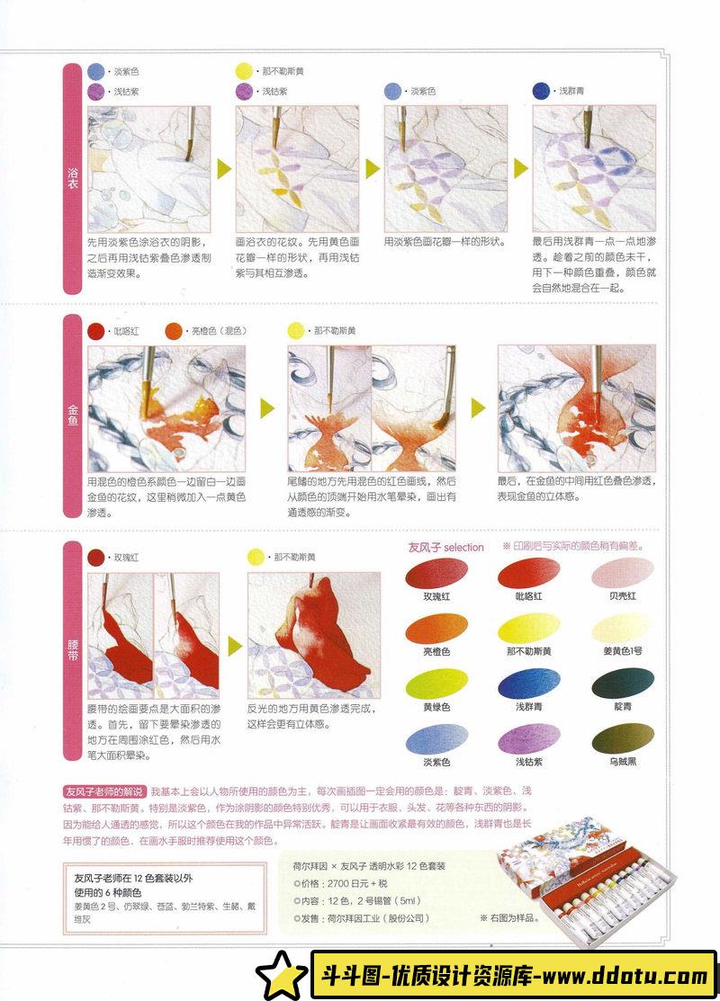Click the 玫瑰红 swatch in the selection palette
(436, 573)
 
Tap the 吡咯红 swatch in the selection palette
(528, 573)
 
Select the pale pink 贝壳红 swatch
(622, 573)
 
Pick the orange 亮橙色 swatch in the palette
(436, 628)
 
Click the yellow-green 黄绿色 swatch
(436, 684)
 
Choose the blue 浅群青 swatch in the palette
(528, 684)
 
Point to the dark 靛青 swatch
(622, 684)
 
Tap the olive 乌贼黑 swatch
(622, 739)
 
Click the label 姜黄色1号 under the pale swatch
(622, 651)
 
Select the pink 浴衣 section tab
(72, 179)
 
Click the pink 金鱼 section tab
(72, 416)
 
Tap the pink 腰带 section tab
(72, 650)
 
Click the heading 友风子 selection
(445, 547)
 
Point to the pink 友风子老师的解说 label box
(104, 791)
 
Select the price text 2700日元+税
(357, 883)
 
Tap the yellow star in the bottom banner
(282, 975)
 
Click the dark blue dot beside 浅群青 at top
(541, 91)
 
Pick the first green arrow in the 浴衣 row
(223, 168)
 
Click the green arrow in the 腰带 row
(235, 646)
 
